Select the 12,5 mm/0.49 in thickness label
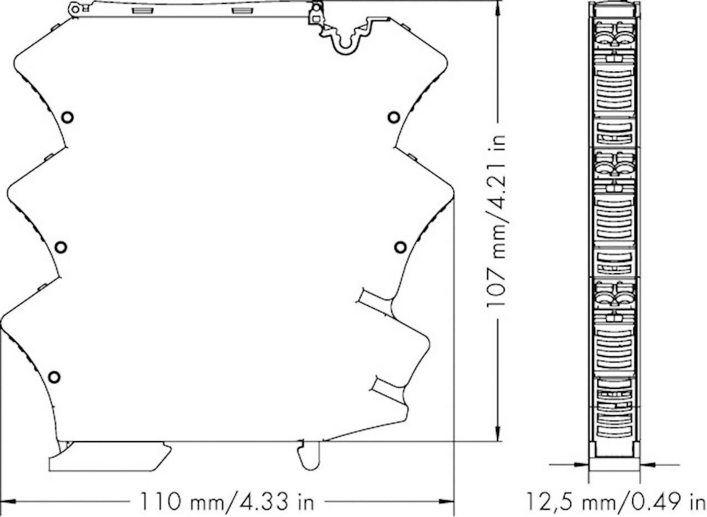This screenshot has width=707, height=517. pos(615,501)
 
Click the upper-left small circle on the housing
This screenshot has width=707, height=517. pos(68,117)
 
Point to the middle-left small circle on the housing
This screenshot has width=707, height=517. pos(61,247)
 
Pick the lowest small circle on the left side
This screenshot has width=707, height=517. pos(54,377)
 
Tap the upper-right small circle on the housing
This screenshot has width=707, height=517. pos(393,117)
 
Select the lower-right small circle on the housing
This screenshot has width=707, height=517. pos(400,247)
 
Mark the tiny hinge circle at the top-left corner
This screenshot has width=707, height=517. pos(74,8)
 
